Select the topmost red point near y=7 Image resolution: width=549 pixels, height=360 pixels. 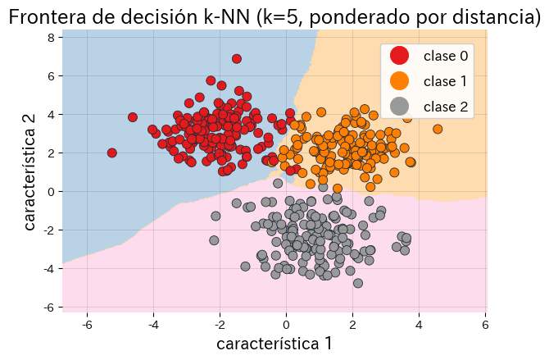pos(237,59)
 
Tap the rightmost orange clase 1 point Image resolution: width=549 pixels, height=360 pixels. pos(438,129)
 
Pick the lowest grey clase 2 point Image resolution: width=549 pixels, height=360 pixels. pos(358,283)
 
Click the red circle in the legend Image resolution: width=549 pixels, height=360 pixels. pos(399,56)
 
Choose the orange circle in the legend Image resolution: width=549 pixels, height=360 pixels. pos(399,80)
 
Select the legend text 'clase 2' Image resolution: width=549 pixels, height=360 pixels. pos(446,106)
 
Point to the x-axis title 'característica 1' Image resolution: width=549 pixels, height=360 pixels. pos(274,344)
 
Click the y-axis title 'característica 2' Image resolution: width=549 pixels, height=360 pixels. pos(29,171)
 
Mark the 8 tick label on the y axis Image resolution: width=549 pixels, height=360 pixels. pos(50,38)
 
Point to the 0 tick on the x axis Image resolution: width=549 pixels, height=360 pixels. pos(286,325)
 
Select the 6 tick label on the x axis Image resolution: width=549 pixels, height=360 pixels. pos(485,325)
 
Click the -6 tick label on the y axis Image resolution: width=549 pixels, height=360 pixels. pos(48,307)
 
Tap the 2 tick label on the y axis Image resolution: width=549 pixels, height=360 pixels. pos(50,153)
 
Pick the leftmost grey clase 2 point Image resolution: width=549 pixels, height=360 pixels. pos(214,240)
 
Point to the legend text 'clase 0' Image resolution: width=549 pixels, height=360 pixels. pos(446,56)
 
